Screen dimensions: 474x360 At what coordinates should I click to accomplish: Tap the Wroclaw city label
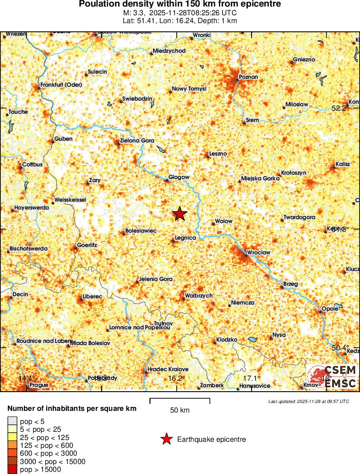[259, 252]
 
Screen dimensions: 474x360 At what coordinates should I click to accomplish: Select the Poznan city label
[249, 77]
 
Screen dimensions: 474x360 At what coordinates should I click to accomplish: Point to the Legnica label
[185, 238]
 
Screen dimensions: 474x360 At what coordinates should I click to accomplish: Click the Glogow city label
[179, 177]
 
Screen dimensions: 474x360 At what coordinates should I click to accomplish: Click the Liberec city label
[92, 296]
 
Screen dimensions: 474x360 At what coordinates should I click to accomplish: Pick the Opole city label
[330, 308]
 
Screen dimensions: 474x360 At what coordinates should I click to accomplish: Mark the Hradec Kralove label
[168, 369]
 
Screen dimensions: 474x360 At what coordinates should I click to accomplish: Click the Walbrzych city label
[199, 296]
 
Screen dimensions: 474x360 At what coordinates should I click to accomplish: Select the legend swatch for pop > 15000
[12, 469]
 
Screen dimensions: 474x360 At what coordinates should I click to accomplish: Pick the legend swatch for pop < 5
[12, 421]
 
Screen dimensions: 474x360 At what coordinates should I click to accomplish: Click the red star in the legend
[166, 440]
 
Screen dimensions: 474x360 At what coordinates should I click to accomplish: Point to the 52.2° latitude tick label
[339, 108]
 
